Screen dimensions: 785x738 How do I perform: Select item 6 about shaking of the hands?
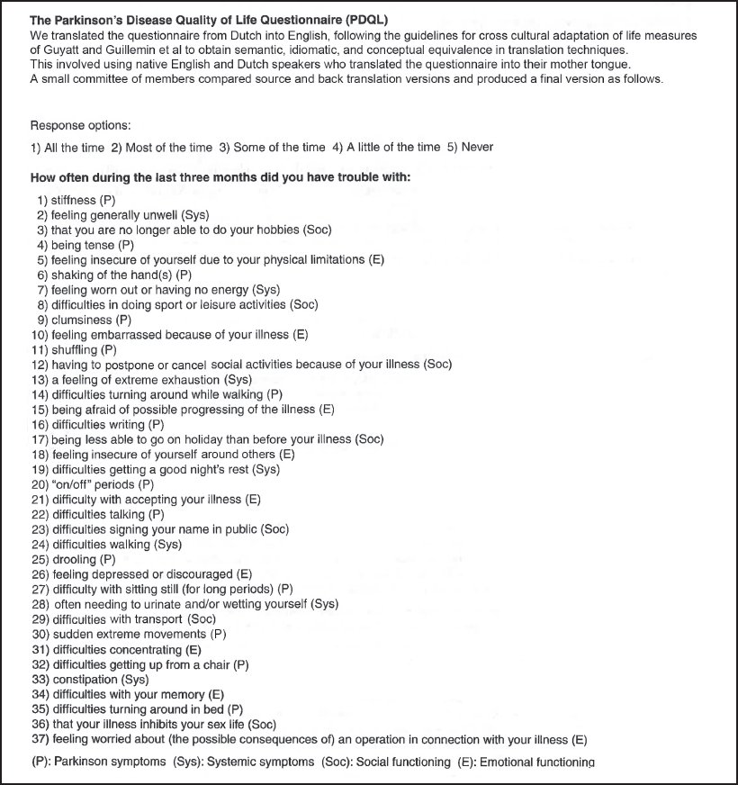(x=113, y=275)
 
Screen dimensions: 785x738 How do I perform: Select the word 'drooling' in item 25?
(x=76, y=559)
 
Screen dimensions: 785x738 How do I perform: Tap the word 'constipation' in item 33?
(x=85, y=679)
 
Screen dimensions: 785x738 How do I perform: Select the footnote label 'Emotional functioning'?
(x=536, y=762)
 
